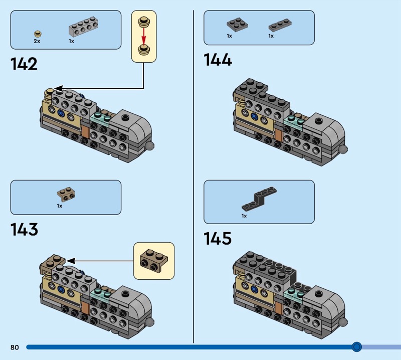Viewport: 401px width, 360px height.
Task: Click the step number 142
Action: tap(24, 64)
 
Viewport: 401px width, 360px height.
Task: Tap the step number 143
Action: tap(24, 230)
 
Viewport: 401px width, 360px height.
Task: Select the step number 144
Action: tap(218, 60)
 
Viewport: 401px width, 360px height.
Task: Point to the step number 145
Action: tap(218, 238)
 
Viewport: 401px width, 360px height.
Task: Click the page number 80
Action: tap(14, 347)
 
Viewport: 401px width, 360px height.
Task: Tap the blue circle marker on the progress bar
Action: tap(356, 346)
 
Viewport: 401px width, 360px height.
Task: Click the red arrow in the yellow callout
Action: tap(143, 35)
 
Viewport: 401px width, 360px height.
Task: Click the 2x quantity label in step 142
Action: tap(37, 42)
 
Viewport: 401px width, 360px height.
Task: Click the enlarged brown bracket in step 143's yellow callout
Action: tap(153, 260)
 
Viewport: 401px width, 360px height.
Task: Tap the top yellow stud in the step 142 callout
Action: tap(144, 22)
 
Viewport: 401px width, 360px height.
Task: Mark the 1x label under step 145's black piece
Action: tap(244, 216)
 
